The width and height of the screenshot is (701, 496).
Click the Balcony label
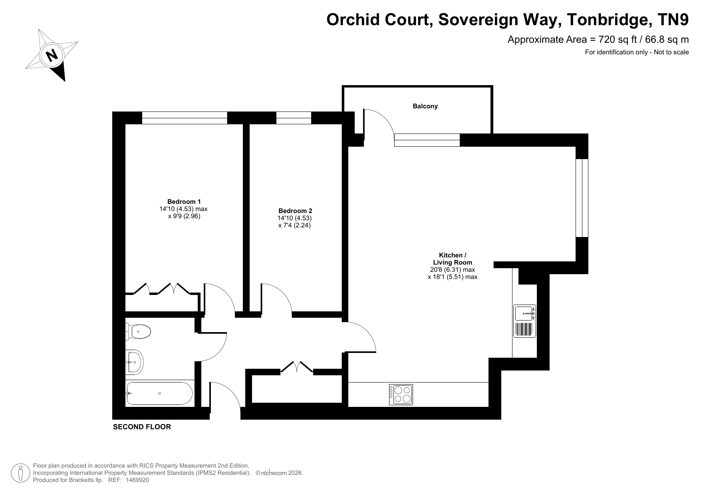click(x=425, y=106)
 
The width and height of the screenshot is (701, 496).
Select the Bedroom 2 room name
click(x=295, y=211)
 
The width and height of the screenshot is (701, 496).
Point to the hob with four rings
click(x=401, y=394)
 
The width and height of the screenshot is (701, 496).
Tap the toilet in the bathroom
click(x=138, y=332)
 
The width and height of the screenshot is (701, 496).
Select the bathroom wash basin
click(x=134, y=362)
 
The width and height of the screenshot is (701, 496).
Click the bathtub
click(x=159, y=394)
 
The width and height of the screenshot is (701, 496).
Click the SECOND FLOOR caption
click(x=142, y=427)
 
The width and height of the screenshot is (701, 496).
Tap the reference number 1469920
click(x=137, y=480)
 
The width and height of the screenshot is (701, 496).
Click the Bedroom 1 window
click(x=185, y=118)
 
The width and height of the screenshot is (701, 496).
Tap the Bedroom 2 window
click(x=294, y=118)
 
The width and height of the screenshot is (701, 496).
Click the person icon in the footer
click(x=20, y=473)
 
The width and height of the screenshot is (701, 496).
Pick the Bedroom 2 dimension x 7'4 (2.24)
click(x=295, y=225)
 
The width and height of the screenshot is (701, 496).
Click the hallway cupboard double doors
click(x=296, y=367)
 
